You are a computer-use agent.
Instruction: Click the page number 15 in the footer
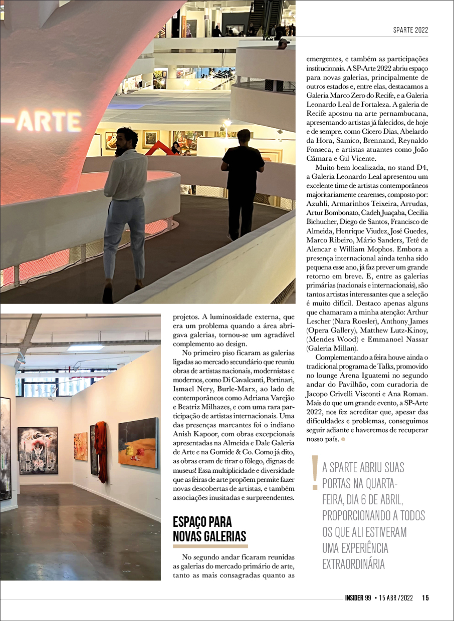coord(425,597)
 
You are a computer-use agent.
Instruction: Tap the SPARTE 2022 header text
coord(410,30)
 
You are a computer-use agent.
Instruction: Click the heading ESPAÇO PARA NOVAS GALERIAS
coord(209,529)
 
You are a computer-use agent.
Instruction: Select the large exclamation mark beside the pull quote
coord(315,473)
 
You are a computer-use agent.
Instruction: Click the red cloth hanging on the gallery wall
coord(101,450)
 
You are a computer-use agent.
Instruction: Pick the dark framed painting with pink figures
coord(38,450)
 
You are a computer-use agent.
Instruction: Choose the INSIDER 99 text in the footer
coord(357,597)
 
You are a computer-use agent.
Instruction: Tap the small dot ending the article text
coord(343,439)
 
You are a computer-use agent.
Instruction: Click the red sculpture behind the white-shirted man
coord(156,148)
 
